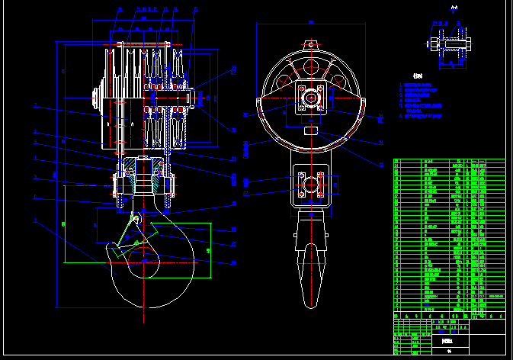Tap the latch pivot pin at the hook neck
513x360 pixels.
135,220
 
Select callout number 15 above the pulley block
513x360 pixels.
195,10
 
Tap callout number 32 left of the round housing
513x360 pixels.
245,115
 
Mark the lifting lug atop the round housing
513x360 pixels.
311,45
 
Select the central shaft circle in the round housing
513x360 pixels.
311,98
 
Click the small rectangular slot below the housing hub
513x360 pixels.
311,131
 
